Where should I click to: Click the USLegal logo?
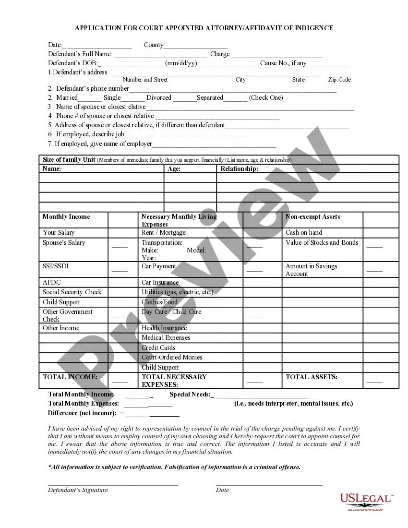pyautogui.click(x=366, y=501)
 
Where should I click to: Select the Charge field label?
pyautogui.click(x=220, y=54)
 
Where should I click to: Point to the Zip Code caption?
pyautogui.click(x=339, y=80)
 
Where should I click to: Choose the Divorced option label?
pyautogui.click(x=158, y=97)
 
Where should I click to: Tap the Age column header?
pyautogui.click(x=174, y=168)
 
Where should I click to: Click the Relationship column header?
pyautogui.click(x=239, y=168)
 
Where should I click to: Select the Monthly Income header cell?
pyautogui.click(x=66, y=216)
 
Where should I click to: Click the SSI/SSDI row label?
pyautogui.click(x=56, y=266)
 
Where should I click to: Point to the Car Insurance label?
pyautogui.click(x=160, y=282)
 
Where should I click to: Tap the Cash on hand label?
pyautogui.click(x=303, y=232)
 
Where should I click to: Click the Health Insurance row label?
pyautogui.click(x=164, y=328)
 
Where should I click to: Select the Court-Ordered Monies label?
pyautogui.click(x=172, y=357)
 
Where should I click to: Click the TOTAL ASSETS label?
pyautogui.click(x=311, y=377)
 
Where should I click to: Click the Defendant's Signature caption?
pyautogui.click(x=78, y=490)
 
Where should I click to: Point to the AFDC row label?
pyautogui.click(x=52, y=282)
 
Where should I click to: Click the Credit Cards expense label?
pyautogui.click(x=158, y=348)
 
